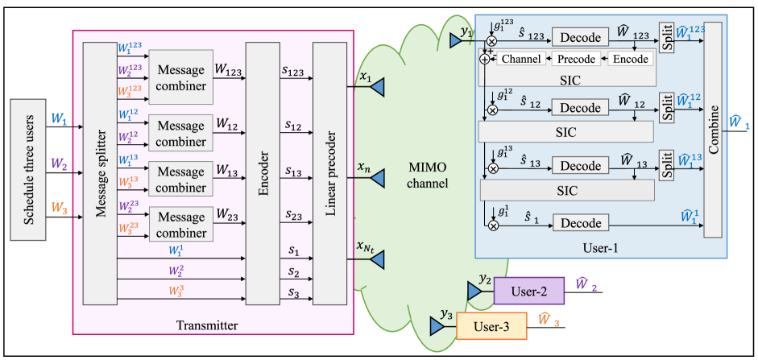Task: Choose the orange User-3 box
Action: point(491,325)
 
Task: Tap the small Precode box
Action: point(576,59)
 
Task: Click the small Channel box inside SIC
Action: point(520,59)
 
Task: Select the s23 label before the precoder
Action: point(292,215)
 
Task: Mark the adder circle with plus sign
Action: point(484,58)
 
